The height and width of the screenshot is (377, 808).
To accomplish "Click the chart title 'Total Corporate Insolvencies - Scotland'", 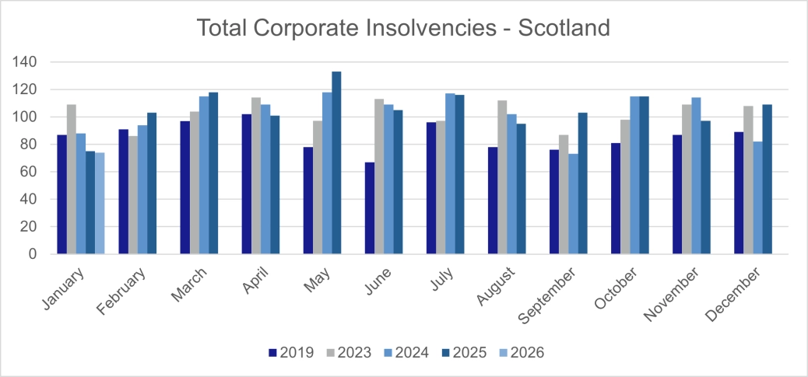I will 403,28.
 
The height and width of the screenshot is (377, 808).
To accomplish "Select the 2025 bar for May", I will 336,162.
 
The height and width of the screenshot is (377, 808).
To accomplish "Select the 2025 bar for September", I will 582,183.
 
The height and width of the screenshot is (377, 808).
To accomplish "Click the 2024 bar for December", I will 757,197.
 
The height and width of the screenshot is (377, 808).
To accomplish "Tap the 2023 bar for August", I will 502,176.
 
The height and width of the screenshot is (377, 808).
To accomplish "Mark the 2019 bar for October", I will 616,198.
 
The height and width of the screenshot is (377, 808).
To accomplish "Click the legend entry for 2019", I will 291,353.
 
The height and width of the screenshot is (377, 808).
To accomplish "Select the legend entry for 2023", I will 350,353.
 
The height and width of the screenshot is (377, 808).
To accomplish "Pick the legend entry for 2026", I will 522,353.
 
